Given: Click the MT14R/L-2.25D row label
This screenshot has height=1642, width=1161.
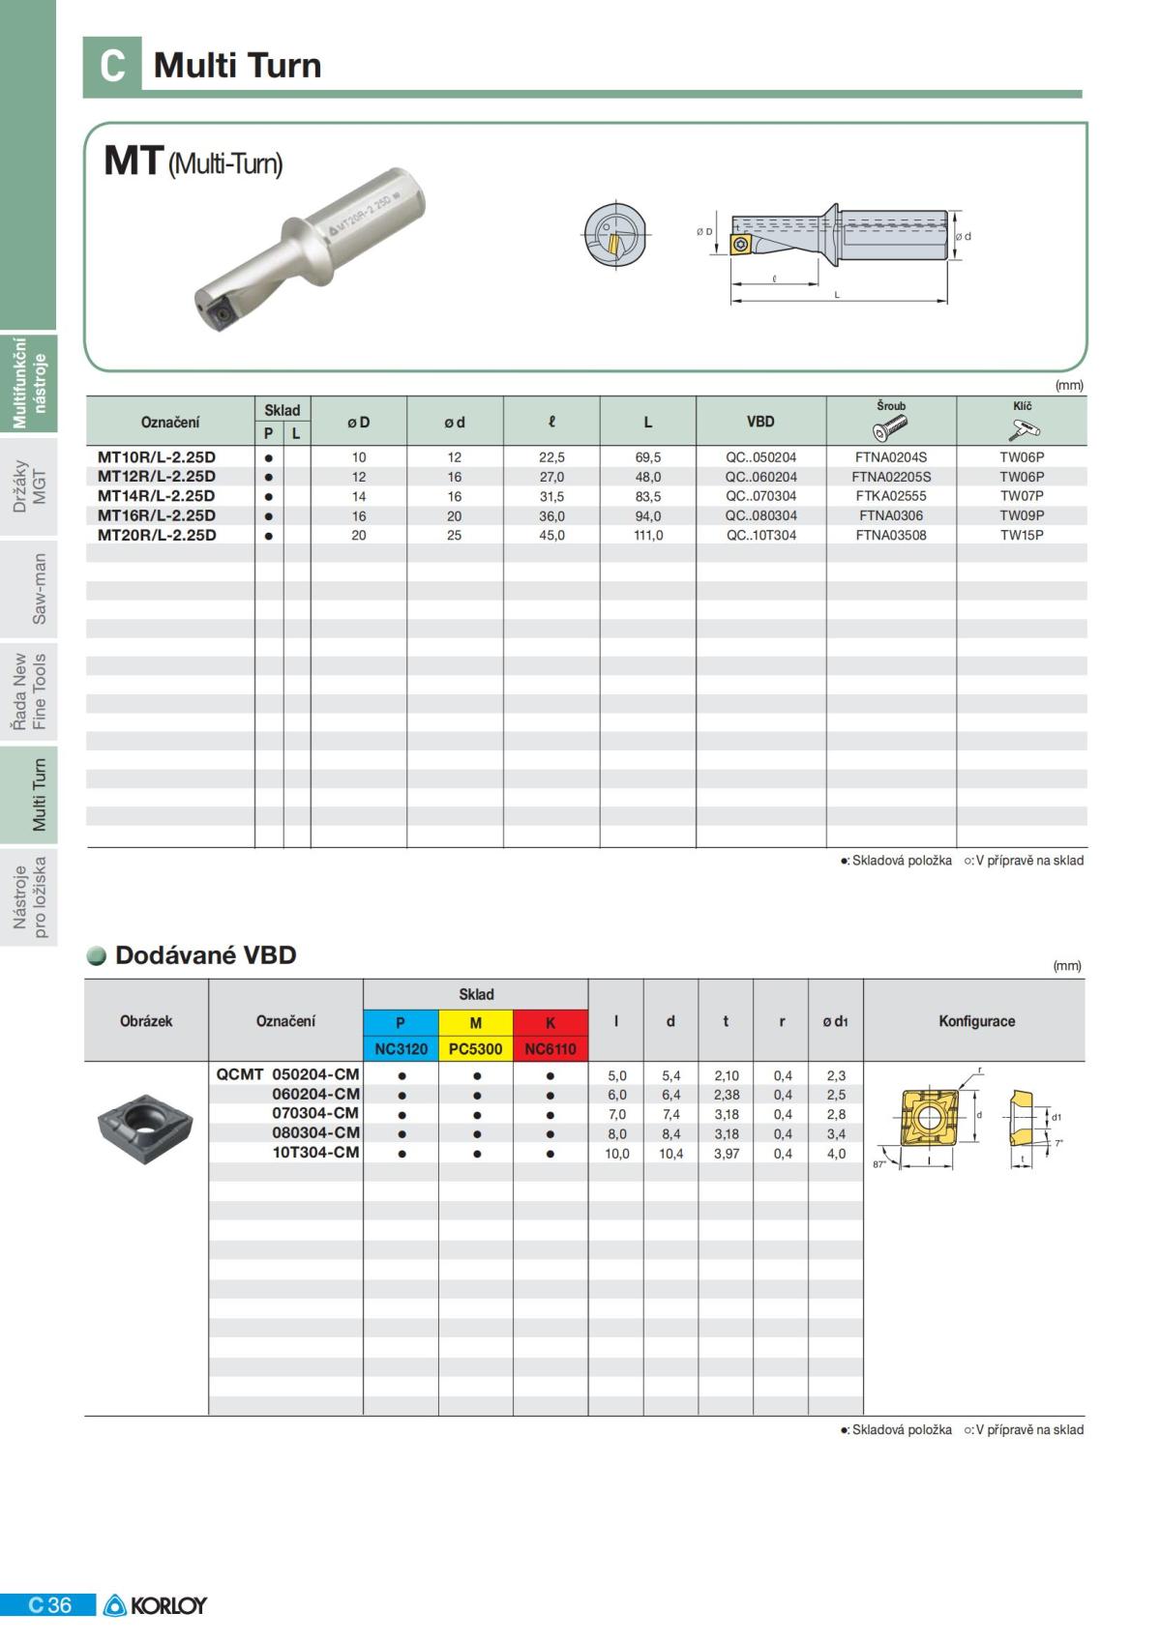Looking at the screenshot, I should [x=157, y=496].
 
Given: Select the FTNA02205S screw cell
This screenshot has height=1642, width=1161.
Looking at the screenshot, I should [x=891, y=477].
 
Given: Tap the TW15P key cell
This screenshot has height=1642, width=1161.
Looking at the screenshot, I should [x=1022, y=535].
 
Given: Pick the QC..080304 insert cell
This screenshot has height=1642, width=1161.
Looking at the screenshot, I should [x=761, y=515].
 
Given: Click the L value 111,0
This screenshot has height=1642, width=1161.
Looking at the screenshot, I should [x=648, y=535].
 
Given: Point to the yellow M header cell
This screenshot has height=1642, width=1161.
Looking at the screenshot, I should [x=476, y=1023].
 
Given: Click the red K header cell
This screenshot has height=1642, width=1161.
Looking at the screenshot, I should [x=551, y=1023].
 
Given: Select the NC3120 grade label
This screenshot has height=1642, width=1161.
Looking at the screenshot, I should [x=402, y=1049].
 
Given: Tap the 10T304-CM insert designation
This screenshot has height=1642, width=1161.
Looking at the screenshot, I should [x=315, y=1153].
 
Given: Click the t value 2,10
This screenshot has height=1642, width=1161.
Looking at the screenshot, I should [x=727, y=1075].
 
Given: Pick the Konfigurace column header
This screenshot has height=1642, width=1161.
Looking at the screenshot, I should [x=976, y=1021].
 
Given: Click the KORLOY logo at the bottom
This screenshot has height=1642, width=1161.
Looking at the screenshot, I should [x=156, y=1605].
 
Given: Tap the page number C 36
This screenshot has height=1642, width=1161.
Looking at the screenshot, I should [x=49, y=1605].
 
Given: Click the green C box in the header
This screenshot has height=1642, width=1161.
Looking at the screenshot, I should [x=112, y=66].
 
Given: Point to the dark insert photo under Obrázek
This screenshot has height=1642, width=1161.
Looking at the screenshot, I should [x=145, y=1128].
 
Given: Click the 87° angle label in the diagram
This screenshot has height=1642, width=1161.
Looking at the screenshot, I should [x=879, y=1164].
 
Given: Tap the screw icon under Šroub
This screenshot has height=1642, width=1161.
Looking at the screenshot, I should [x=891, y=426].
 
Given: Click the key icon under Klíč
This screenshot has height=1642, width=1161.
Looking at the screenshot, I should [x=1023, y=427].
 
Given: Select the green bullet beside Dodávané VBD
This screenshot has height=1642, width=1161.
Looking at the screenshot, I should [x=97, y=955].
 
